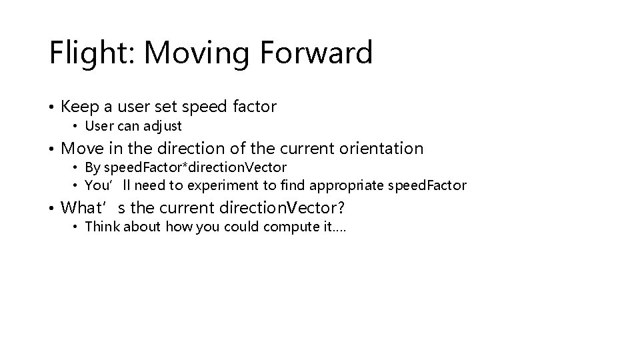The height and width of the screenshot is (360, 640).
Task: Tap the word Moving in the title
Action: pos(197,53)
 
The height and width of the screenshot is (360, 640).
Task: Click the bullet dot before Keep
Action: pos(52,107)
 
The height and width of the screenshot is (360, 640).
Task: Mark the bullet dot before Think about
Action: pos(76,227)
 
